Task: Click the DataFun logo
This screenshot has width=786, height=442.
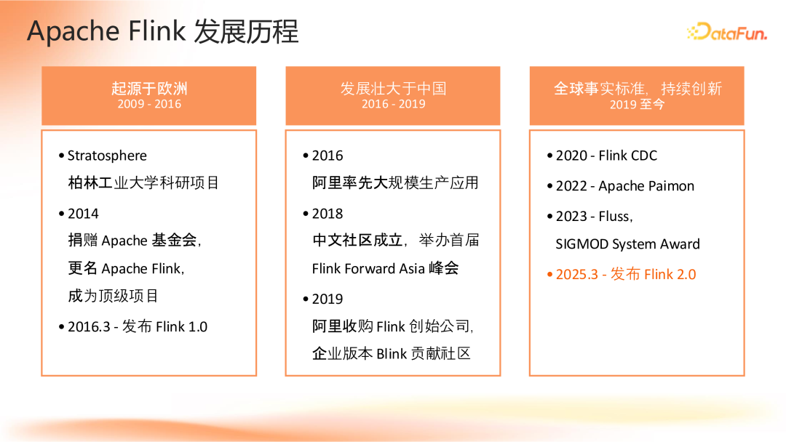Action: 726,32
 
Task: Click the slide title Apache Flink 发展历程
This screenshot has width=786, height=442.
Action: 163,32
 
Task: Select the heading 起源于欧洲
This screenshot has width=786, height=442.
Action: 149,88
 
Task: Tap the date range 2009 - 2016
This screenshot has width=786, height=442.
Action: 149,104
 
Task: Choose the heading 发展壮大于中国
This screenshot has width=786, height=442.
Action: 393,88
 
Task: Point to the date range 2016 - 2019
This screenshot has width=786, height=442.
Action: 393,104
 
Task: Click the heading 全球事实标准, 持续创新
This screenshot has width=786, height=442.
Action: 638,88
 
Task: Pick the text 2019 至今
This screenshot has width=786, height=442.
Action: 638,104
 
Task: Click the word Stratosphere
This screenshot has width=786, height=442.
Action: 107,156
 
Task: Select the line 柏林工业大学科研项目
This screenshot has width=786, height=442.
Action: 143,182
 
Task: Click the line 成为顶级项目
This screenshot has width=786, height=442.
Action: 114,296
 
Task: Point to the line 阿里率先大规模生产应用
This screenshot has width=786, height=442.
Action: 395,182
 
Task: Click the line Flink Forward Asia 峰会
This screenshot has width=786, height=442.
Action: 385,268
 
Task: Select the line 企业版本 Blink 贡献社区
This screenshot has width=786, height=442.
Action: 392,354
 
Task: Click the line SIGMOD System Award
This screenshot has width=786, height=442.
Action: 627,244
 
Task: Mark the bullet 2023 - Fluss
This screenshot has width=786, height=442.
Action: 594,217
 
